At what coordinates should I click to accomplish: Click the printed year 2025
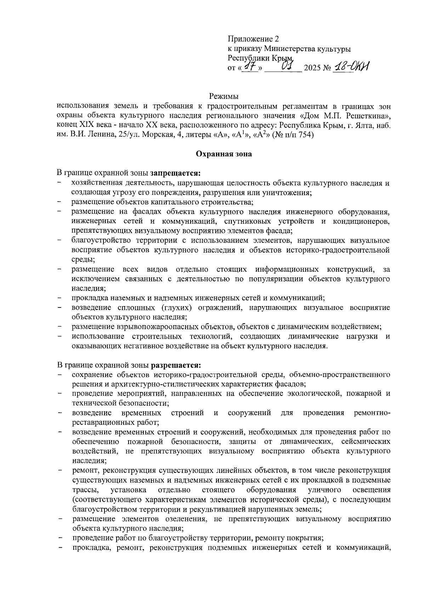tap(312, 68)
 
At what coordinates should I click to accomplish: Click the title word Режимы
tap(223, 96)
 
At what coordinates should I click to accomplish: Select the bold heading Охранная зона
tap(224, 154)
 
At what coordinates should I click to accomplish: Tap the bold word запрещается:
tap(175, 174)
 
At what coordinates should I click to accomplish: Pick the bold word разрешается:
tap(176, 365)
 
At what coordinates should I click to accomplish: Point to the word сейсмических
tap(366, 442)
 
